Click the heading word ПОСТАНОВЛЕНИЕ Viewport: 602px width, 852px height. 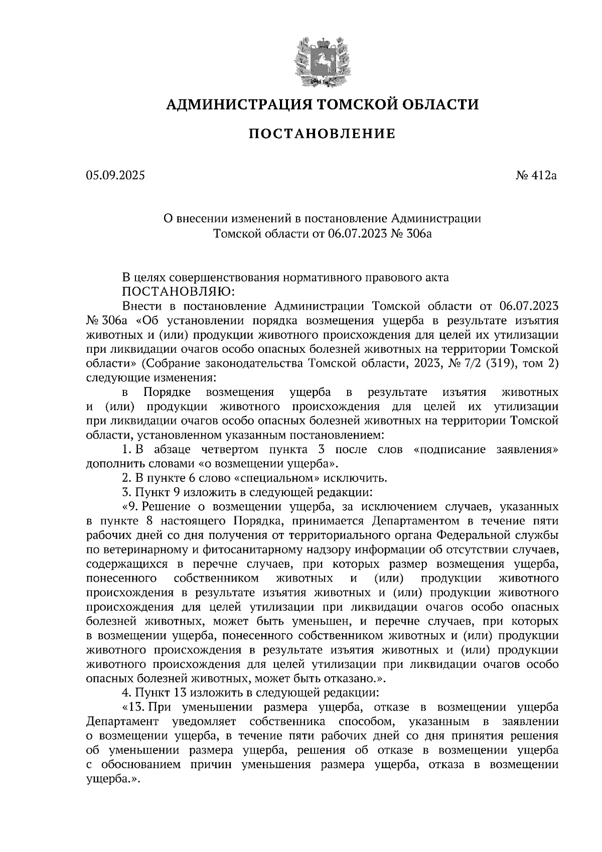(x=322, y=134)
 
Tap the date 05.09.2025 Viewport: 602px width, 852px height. (x=115, y=176)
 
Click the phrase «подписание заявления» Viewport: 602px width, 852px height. (x=487, y=449)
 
